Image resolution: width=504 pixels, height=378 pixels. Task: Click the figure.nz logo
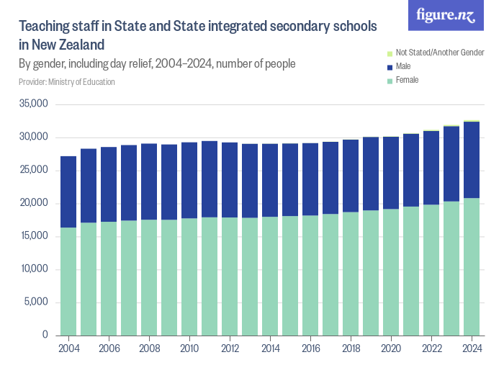tap(446, 16)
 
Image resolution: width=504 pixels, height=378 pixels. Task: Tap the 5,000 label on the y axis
tap(36, 302)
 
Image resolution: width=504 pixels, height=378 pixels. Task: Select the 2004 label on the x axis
tap(68, 348)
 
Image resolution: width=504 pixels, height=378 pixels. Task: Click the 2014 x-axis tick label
tap(270, 348)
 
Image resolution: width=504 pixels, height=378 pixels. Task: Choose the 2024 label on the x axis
tap(472, 348)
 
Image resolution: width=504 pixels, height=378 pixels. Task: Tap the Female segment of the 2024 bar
tap(472, 266)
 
